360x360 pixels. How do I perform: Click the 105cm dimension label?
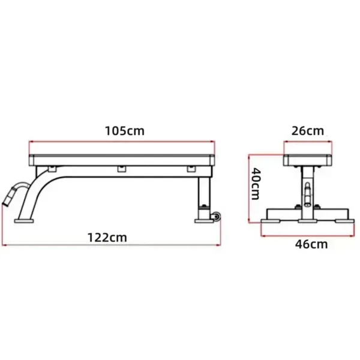coord(124,130)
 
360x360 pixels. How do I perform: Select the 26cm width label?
coord(308,130)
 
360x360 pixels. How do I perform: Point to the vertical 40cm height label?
coord(256,184)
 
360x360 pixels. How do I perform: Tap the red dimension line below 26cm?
coord(308,142)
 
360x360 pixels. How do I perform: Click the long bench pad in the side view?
coord(122,160)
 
